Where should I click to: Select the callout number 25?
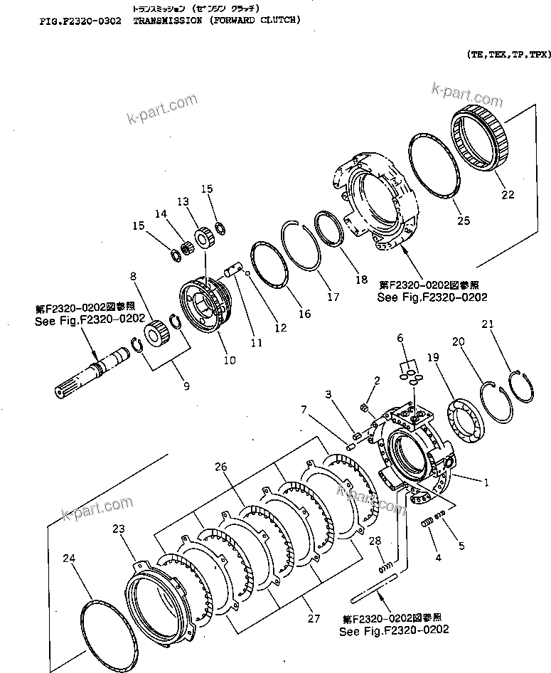tap(464, 221)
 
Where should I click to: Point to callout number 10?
tap(230, 360)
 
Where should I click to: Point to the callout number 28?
tap(376, 541)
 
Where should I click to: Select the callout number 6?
tap(400, 338)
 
